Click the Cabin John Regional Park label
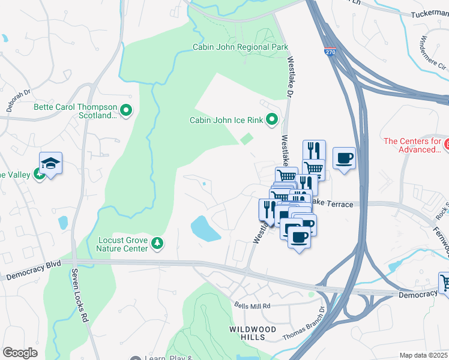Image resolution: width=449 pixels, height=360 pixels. tap(240, 47)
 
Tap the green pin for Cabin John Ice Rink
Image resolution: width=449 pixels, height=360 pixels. tap(271, 120)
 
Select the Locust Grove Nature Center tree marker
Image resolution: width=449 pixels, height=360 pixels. tap(157, 242)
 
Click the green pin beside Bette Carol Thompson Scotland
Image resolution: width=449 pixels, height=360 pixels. tap(126, 110)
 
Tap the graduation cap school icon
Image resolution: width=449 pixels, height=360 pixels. tap(51, 163)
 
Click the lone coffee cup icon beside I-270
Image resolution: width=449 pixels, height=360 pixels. tap(344, 158)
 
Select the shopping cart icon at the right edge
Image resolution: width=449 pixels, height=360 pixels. tap(445, 281)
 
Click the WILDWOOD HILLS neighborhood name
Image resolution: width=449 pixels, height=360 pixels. tap(253, 334)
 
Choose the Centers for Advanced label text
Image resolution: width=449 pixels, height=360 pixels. tap(412, 145)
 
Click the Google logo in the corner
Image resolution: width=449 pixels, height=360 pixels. tap(20, 353)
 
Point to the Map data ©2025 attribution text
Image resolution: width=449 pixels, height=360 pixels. tap(423, 355)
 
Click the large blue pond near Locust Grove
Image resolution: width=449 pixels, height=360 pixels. tap(206, 229)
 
